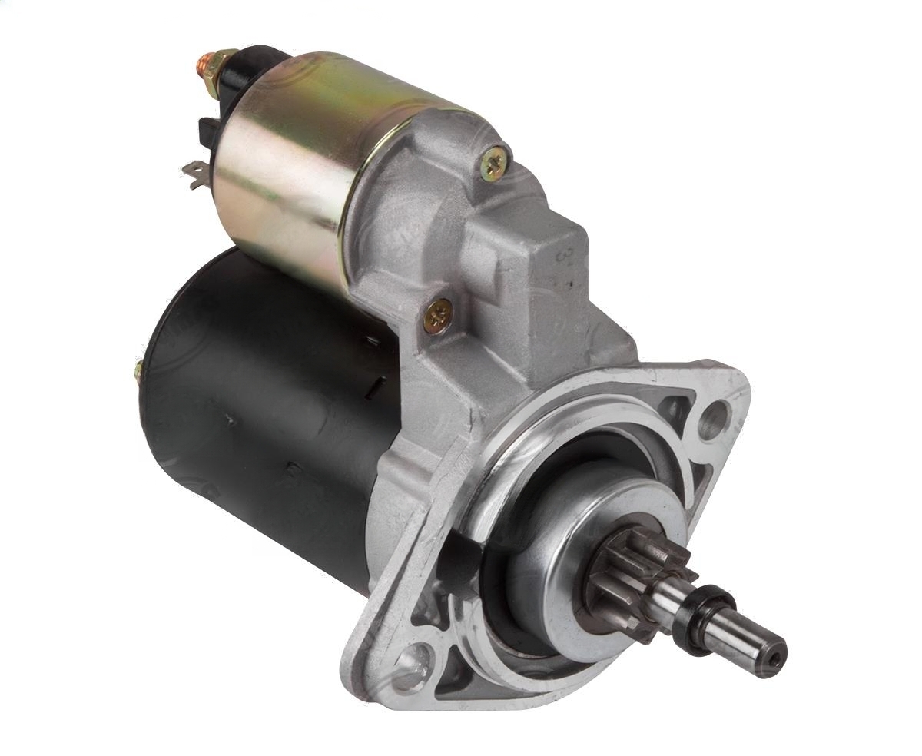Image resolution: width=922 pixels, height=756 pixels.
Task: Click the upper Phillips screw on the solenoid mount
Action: tap(493, 164)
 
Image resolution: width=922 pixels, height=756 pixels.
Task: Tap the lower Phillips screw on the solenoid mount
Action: tap(438, 315)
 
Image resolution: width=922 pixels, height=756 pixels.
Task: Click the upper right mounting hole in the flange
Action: tap(713, 419)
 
